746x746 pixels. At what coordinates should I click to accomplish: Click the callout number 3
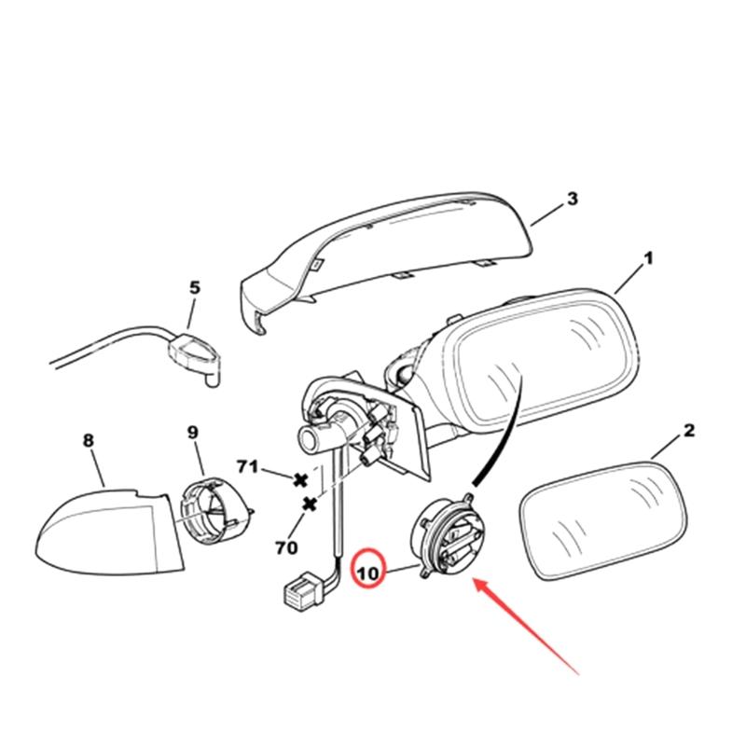tap(572, 199)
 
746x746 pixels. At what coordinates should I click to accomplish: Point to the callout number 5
tap(194, 288)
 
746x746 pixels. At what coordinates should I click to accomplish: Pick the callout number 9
tap(193, 432)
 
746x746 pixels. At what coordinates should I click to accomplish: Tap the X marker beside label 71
tap(300, 480)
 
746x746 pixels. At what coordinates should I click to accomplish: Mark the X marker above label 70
tap(310, 504)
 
